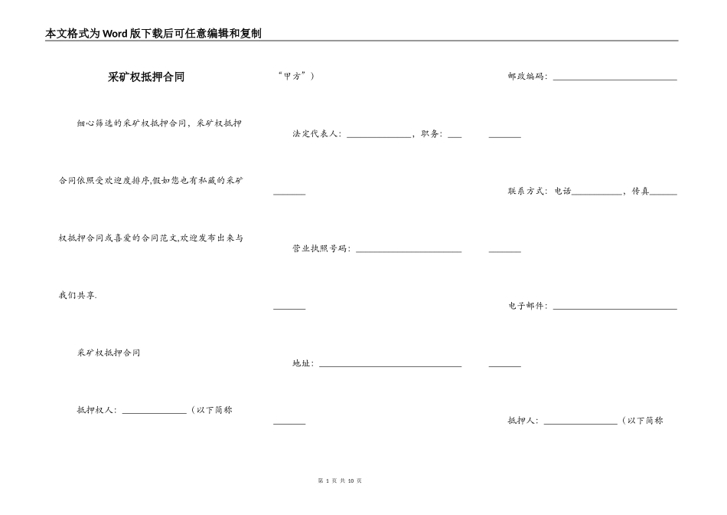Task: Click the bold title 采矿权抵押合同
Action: (x=145, y=77)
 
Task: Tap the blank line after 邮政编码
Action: (x=615, y=78)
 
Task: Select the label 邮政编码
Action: (x=527, y=77)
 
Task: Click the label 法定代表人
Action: (x=316, y=134)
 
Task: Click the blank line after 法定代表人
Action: (x=379, y=136)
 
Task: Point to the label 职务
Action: (x=431, y=134)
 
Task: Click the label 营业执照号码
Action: (x=321, y=249)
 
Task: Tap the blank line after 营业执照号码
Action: (x=409, y=251)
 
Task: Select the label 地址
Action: (x=302, y=363)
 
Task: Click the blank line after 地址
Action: (x=390, y=366)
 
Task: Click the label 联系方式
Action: (x=527, y=192)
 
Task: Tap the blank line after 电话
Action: (x=597, y=194)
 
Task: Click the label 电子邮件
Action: (x=527, y=306)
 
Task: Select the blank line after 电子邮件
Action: (x=615, y=308)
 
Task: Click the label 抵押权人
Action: (x=96, y=410)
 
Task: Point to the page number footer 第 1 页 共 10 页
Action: (x=339, y=481)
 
